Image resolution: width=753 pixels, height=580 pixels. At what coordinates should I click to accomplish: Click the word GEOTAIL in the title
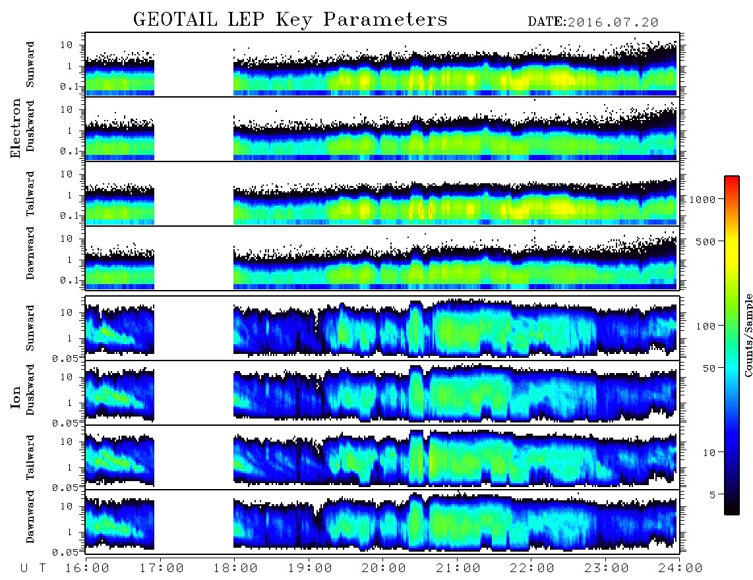coord(175,19)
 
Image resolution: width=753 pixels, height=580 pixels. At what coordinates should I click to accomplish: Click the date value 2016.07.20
coord(613,22)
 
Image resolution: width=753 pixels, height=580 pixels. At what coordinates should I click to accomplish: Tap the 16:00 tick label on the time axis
coord(87,568)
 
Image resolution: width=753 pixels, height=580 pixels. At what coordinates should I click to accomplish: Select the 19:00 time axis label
coord(310,568)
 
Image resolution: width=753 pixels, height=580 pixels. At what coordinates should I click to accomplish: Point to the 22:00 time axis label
coord(531,568)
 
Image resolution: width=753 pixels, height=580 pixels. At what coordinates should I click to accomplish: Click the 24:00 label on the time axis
coord(680,568)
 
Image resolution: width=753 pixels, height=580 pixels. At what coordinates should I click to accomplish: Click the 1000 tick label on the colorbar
coord(702,199)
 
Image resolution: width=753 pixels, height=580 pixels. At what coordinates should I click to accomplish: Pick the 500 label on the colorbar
coord(706,241)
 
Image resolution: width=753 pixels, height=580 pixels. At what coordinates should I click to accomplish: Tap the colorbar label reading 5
coord(713,494)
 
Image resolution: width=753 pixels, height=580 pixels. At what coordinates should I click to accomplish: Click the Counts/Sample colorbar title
coord(748,335)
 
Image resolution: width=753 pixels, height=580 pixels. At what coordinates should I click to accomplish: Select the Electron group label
coord(16,128)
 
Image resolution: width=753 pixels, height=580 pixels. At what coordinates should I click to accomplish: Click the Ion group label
coord(16,397)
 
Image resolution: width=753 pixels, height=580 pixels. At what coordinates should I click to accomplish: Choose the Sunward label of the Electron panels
coord(30,65)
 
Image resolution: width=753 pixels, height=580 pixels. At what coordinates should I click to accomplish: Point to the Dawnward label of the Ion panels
coord(30,516)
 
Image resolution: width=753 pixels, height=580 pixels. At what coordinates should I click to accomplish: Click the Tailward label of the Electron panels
coord(30,194)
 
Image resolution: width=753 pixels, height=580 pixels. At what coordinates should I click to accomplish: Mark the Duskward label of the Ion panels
coord(30,390)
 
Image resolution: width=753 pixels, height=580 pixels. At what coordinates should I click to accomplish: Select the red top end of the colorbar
coord(732,179)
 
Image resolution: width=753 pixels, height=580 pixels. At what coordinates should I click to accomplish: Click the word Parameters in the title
coord(385,19)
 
